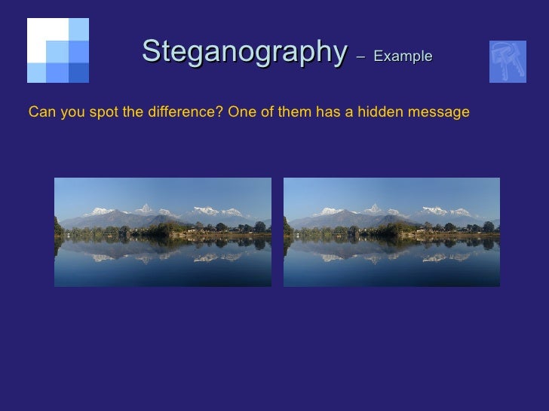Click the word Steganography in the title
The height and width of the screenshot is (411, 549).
click(244, 52)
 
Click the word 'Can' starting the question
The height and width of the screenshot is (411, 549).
click(40, 113)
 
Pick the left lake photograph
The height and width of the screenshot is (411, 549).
click(163, 232)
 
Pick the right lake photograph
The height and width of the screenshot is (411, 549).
click(391, 232)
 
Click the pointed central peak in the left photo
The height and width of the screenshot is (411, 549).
click(146, 207)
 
